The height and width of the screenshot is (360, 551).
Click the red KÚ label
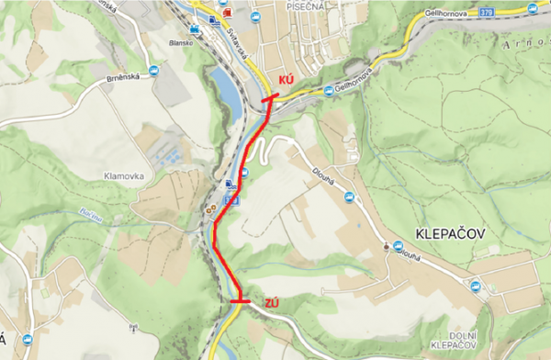[286, 81]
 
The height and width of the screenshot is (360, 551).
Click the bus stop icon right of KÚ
[328, 90]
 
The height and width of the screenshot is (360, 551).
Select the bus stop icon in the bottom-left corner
[27, 351]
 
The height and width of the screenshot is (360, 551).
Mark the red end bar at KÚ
[271, 96]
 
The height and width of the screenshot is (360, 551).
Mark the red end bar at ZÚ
[241, 301]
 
